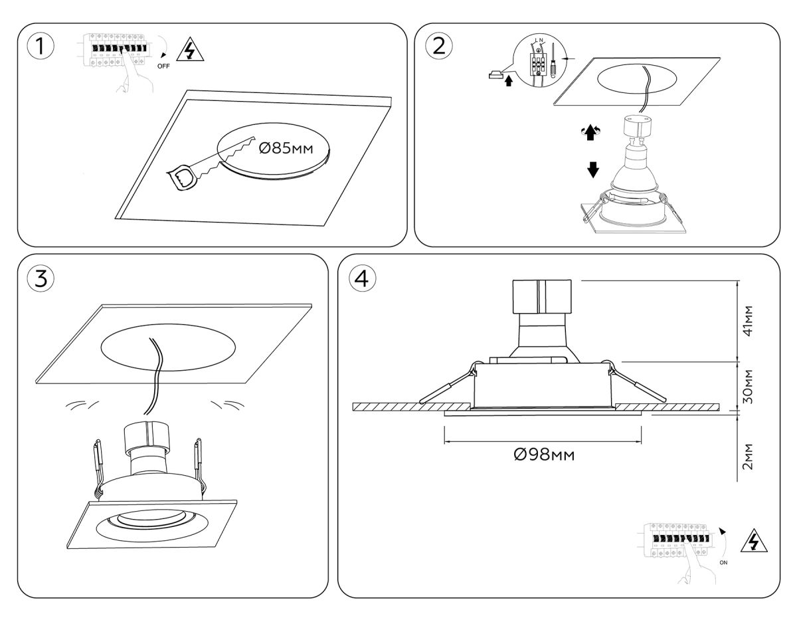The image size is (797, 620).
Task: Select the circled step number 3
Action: pyautogui.click(x=41, y=279)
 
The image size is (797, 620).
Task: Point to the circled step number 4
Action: pyautogui.click(x=361, y=280)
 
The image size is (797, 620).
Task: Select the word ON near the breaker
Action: pyautogui.click(x=725, y=562)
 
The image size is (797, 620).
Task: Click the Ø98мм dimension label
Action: pyautogui.click(x=543, y=455)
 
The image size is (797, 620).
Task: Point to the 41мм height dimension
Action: pyautogui.click(x=749, y=322)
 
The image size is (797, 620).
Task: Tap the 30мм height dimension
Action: pyautogui.click(x=749, y=387)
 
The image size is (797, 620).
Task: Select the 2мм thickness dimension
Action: pyautogui.click(x=749, y=455)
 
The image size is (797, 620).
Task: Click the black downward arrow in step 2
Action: pyautogui.click(x=593, y=169)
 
